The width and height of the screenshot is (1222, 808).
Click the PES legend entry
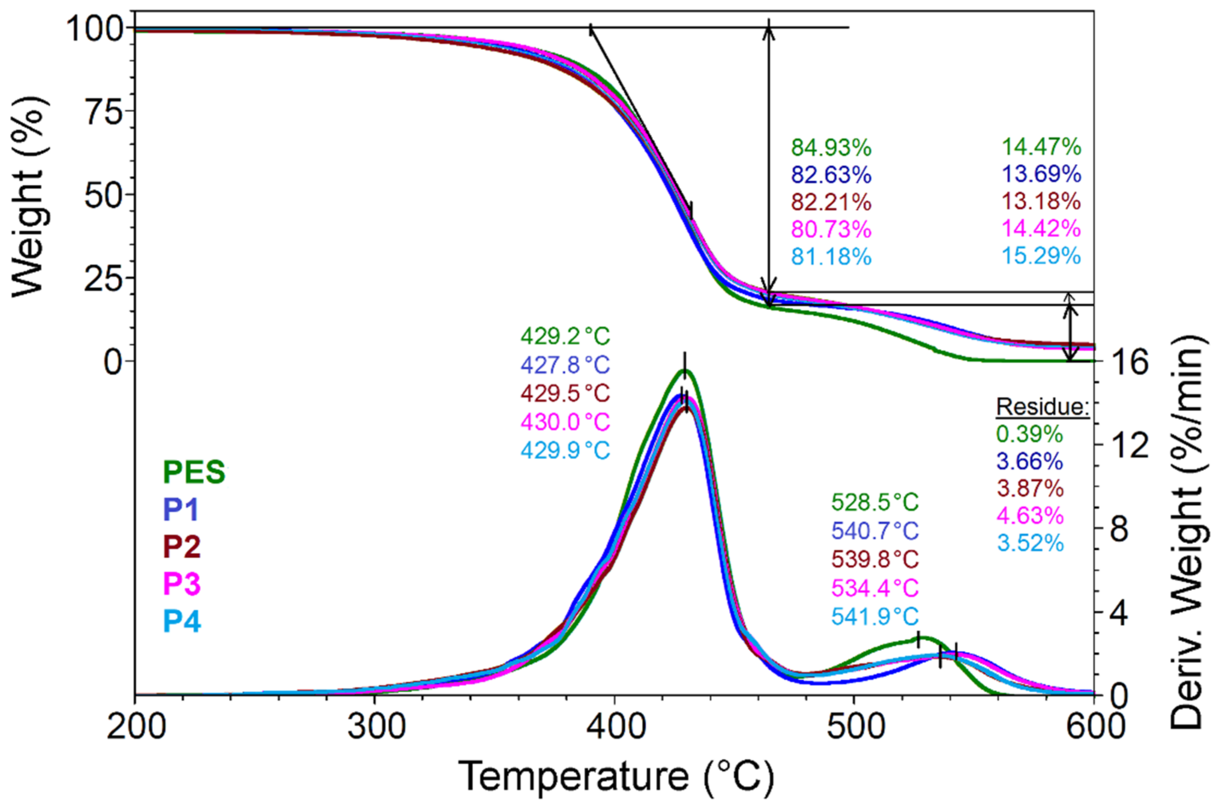click(x=194, y=472)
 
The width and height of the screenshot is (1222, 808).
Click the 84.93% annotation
click(x=831, y=148)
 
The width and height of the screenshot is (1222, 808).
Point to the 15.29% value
click(x=1041, y=256)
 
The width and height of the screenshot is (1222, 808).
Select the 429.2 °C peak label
click(x=565, y=337)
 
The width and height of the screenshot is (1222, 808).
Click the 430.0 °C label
click(x=565, y=422)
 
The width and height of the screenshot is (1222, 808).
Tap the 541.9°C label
click(x=875, y=616)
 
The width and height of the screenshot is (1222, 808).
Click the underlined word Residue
click(x=1042, y=407)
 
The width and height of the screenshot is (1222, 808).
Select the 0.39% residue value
click(x=1029, y=434)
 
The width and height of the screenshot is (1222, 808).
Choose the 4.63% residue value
click(x=1029, y=516)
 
